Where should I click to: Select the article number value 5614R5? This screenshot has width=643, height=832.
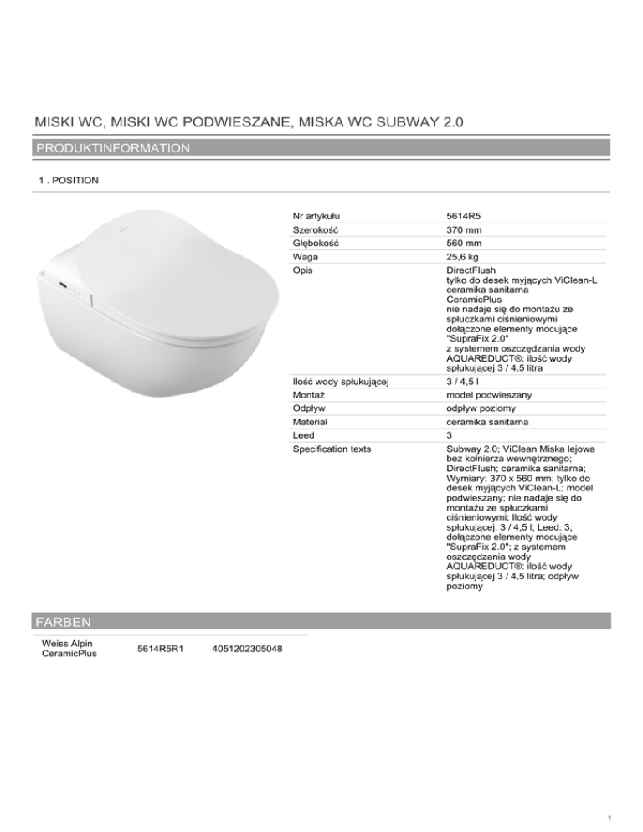(464, 215)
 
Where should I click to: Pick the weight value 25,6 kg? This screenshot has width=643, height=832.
(461, 259)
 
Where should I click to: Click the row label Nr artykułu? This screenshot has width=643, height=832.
(316, 215)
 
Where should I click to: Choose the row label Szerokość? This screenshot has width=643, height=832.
(315, 229)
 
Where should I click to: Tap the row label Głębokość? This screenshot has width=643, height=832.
(316, 244)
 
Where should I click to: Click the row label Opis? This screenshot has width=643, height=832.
(302, 273)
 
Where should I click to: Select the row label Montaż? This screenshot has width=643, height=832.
(307, 393)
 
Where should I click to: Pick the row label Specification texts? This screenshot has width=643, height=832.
(333, 450)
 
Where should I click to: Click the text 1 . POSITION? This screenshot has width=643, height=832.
(69, 180)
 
